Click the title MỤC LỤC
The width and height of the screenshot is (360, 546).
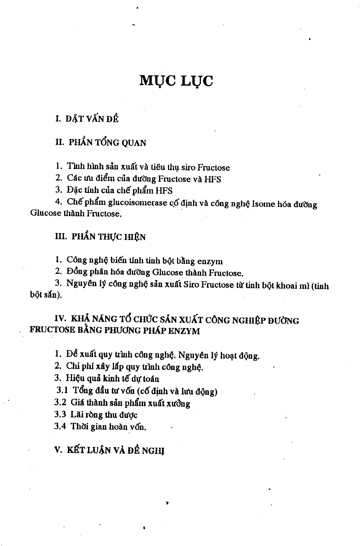[176, 81]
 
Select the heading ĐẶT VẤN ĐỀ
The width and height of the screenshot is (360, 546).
[92, 119]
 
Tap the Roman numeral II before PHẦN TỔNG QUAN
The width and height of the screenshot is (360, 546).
[59, 142]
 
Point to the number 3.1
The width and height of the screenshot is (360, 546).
[62, 391]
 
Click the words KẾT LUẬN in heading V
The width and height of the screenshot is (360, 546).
[89, 450]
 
